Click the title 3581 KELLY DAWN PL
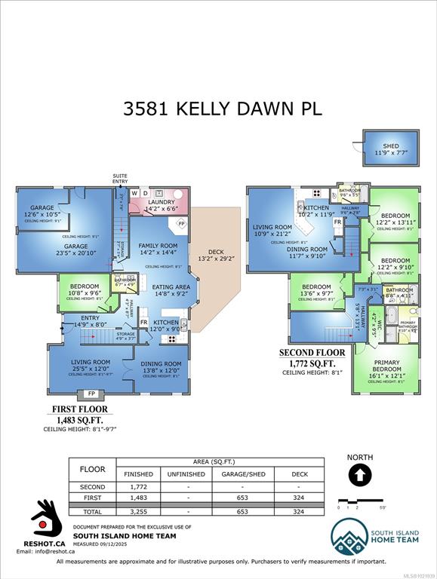tap(223, 108)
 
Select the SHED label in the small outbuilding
tap(390, 146)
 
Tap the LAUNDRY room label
tap(161, 202)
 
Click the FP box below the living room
tap(91, 394)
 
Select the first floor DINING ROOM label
tap(162, 363)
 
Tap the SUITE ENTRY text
tap(120, 179)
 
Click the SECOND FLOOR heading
tap(312, 352)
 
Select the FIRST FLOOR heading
tap(79, 409)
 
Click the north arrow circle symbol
tap(360, 475)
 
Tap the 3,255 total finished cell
tap(137, 511)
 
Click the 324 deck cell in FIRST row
tap(298, 499)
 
